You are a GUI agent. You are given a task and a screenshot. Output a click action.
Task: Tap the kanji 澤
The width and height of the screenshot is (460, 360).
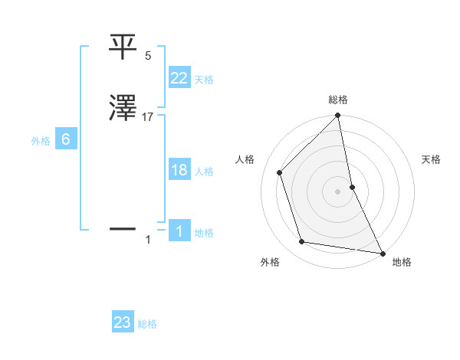pyautogui.click(x=124, y=110)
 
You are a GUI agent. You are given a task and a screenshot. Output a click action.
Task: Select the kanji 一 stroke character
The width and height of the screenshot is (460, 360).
pyautogui.click(x=124, y=228)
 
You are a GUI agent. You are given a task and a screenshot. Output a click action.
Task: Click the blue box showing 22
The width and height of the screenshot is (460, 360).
pyautogui.click(x=179, y=77)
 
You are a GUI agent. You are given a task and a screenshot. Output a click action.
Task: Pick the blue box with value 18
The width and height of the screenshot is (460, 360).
pyautogui.click(x=179, y=170)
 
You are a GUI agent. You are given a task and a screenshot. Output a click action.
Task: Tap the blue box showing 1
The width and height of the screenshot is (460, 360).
pyautogui.click(x=179, y=231)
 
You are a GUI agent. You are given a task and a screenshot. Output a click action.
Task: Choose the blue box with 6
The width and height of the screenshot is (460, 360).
pyautogui.click(x=65, y=139)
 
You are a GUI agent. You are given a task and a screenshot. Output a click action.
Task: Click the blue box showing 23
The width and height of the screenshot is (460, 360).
pyautogui.click(x=123, y=322)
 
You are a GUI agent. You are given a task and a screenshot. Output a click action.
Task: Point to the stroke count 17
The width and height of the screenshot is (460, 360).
pyautogui.click(x=148, y=118)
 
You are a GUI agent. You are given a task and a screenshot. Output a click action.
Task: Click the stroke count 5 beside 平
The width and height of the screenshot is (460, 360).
pyautogui.click(x=148, y=56)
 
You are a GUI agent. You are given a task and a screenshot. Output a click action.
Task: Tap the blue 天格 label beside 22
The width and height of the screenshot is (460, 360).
pyautogui.click(x=204, y=79)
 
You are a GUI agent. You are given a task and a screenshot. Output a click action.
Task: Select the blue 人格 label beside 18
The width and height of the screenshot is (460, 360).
pyautogui.click(x=204, y=172)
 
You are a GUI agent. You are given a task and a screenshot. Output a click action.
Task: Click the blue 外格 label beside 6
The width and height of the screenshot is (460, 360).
pyautogui.click(x=41, y=141)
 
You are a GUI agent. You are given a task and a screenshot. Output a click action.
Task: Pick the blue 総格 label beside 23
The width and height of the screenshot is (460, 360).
pyautogui.click(x=147, y=324)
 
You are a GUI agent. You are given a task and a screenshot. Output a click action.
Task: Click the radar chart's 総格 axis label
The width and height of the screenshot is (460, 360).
pyautogui.click(x=338, y=100)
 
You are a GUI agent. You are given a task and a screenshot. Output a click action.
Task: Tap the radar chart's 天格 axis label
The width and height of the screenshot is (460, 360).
pyautogui.click(x=431, y=159)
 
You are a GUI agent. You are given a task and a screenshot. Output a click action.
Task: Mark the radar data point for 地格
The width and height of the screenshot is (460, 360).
pyautogui.click(x=382, y=253)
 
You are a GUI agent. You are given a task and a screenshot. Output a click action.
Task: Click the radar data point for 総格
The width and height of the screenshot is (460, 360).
pyautogui.click(x=338, y=116)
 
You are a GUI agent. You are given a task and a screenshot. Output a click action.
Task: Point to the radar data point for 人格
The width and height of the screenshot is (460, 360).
pyautogui.click(x=280, y=172)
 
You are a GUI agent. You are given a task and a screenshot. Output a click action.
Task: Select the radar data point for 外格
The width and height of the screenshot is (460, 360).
pyautogui.click(x=302, y=242)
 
